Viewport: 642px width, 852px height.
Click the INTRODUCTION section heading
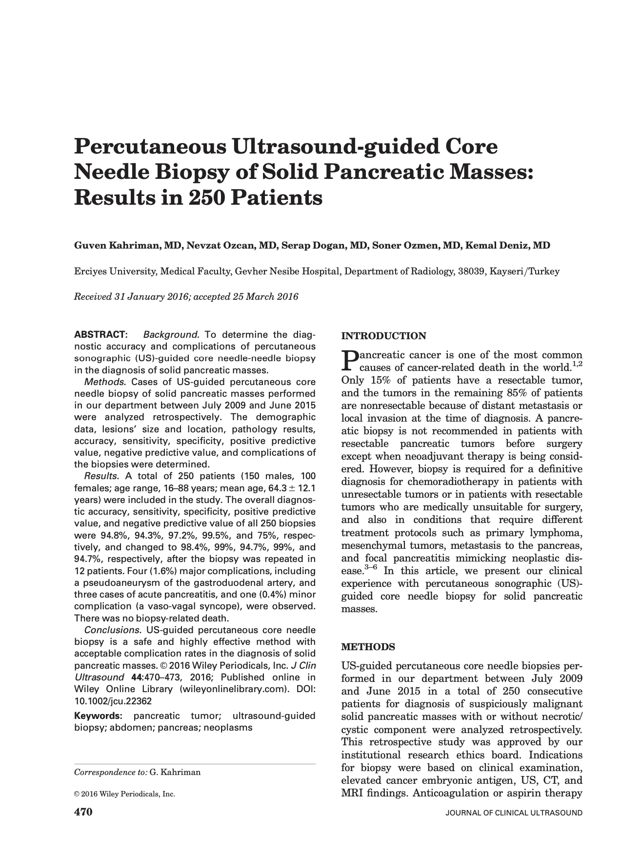[x=383, y=336]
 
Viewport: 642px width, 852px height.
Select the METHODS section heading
[x=368, y=647]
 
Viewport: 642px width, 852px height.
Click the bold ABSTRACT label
[x=100, y=335]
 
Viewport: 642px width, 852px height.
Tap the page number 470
[x=83, y=812]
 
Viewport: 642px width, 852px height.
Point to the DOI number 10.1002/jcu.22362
[x=113, y=701]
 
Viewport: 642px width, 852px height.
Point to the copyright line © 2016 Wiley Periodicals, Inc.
[x=124, y=794]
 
